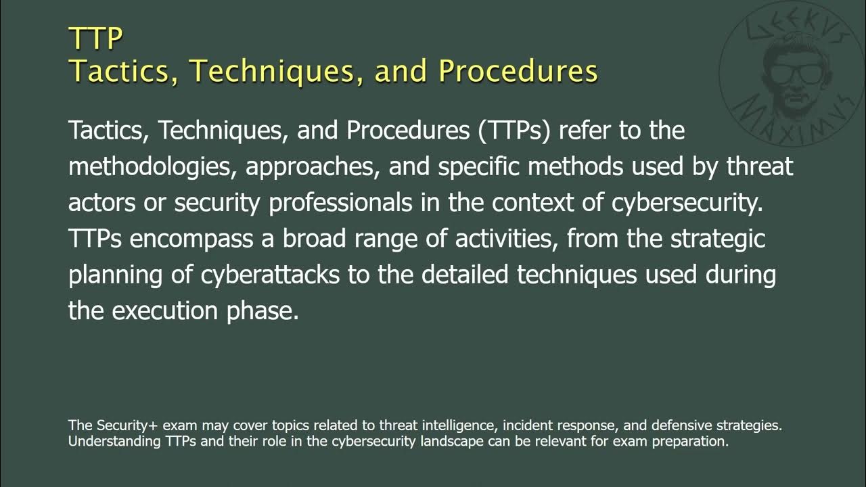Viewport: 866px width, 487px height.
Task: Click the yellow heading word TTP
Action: coord(95,39)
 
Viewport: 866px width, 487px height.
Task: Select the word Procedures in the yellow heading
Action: coord(518,71)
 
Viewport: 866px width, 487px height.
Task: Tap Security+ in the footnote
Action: coord(125,426)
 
